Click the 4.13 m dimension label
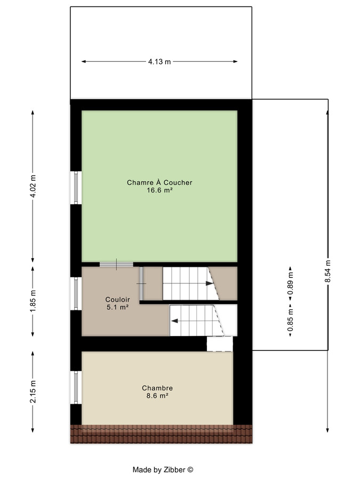pos(159,62)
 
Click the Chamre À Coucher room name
pos(159,182)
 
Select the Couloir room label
pos(117,300)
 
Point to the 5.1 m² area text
pos(117,307)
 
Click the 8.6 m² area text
pos(157,396)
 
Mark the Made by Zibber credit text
pos(163,470)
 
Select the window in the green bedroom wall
pos(76,187)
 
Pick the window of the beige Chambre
pos(76,388)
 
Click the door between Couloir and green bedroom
pos(116,264)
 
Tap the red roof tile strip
pos(161,434)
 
